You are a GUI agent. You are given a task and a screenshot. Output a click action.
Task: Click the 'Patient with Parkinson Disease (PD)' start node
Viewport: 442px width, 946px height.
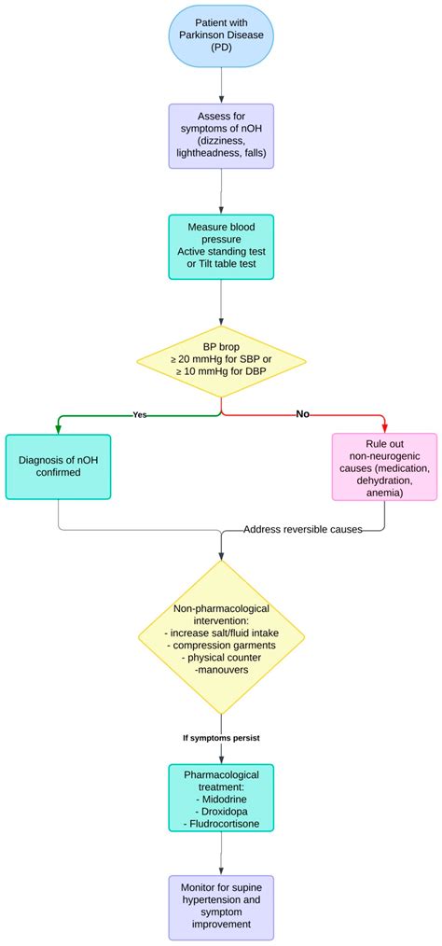(x=221, y=36)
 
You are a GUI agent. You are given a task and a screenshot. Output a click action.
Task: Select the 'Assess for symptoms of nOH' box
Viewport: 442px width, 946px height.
(x=221, y=135)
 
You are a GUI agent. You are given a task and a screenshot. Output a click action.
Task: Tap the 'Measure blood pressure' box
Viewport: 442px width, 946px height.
(x=221, y=247)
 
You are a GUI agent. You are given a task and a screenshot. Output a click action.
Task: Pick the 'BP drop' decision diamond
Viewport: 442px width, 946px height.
(x=221, y=358)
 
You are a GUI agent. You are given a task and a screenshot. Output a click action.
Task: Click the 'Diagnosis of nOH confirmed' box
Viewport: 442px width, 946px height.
(x=58, y=466)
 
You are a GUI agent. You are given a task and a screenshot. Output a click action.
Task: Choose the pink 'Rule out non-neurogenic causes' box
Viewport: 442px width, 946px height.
(x=384, y=466)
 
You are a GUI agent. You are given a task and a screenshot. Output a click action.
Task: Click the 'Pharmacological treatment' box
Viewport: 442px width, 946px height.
(x=221, y=798)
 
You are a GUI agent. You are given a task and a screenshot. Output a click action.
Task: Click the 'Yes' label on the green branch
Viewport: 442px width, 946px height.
(x=140, y=414)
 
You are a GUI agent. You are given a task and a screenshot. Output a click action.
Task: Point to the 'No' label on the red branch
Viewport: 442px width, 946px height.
(x=302, y=413)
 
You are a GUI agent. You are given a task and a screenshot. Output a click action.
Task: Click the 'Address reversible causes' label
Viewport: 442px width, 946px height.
(x=302, y=530)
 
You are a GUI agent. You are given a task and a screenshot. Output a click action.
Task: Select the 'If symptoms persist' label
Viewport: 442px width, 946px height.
(x=221, y=738)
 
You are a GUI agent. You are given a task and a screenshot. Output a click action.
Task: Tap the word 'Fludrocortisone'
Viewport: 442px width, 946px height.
(x=221, y=824)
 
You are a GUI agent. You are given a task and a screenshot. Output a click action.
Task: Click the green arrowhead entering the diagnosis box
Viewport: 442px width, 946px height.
(x=58, y=428)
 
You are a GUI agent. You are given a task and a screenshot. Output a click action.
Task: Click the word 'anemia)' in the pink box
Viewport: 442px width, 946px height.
(x=384, y=494)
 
